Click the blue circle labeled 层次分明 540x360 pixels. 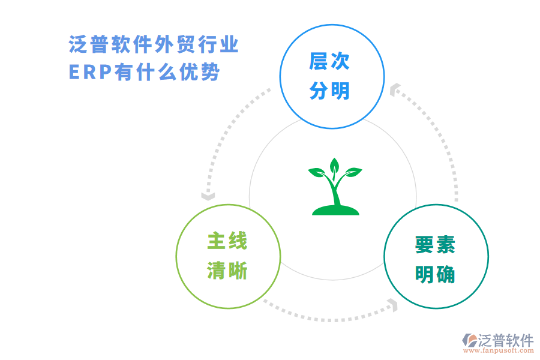(332, 76)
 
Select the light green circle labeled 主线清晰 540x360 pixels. (227, 256)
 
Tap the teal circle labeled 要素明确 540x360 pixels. (436, 256)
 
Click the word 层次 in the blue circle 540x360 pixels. (329, 61)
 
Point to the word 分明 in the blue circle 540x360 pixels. (329, 91)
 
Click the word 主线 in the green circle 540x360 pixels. (227, 241)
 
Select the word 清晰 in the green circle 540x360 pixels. (227, 271)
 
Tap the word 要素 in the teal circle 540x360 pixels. (435, 245)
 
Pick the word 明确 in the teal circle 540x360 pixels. (435, 275)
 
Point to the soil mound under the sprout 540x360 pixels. (335, 210)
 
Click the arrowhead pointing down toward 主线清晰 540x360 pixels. (208, 196)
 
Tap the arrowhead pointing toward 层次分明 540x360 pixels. (394, 90)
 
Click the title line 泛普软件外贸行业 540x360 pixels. (154, 45)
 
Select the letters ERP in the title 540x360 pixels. (89, 73)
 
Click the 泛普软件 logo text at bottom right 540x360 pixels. (505, 340)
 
